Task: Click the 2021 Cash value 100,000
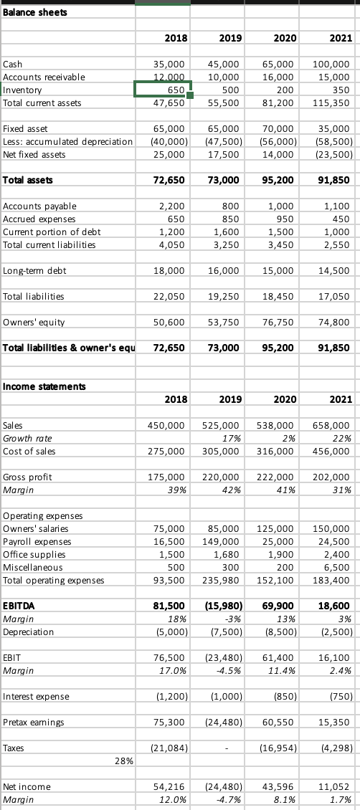[x=333, y=64]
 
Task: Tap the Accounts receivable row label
[x=44, y=77]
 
